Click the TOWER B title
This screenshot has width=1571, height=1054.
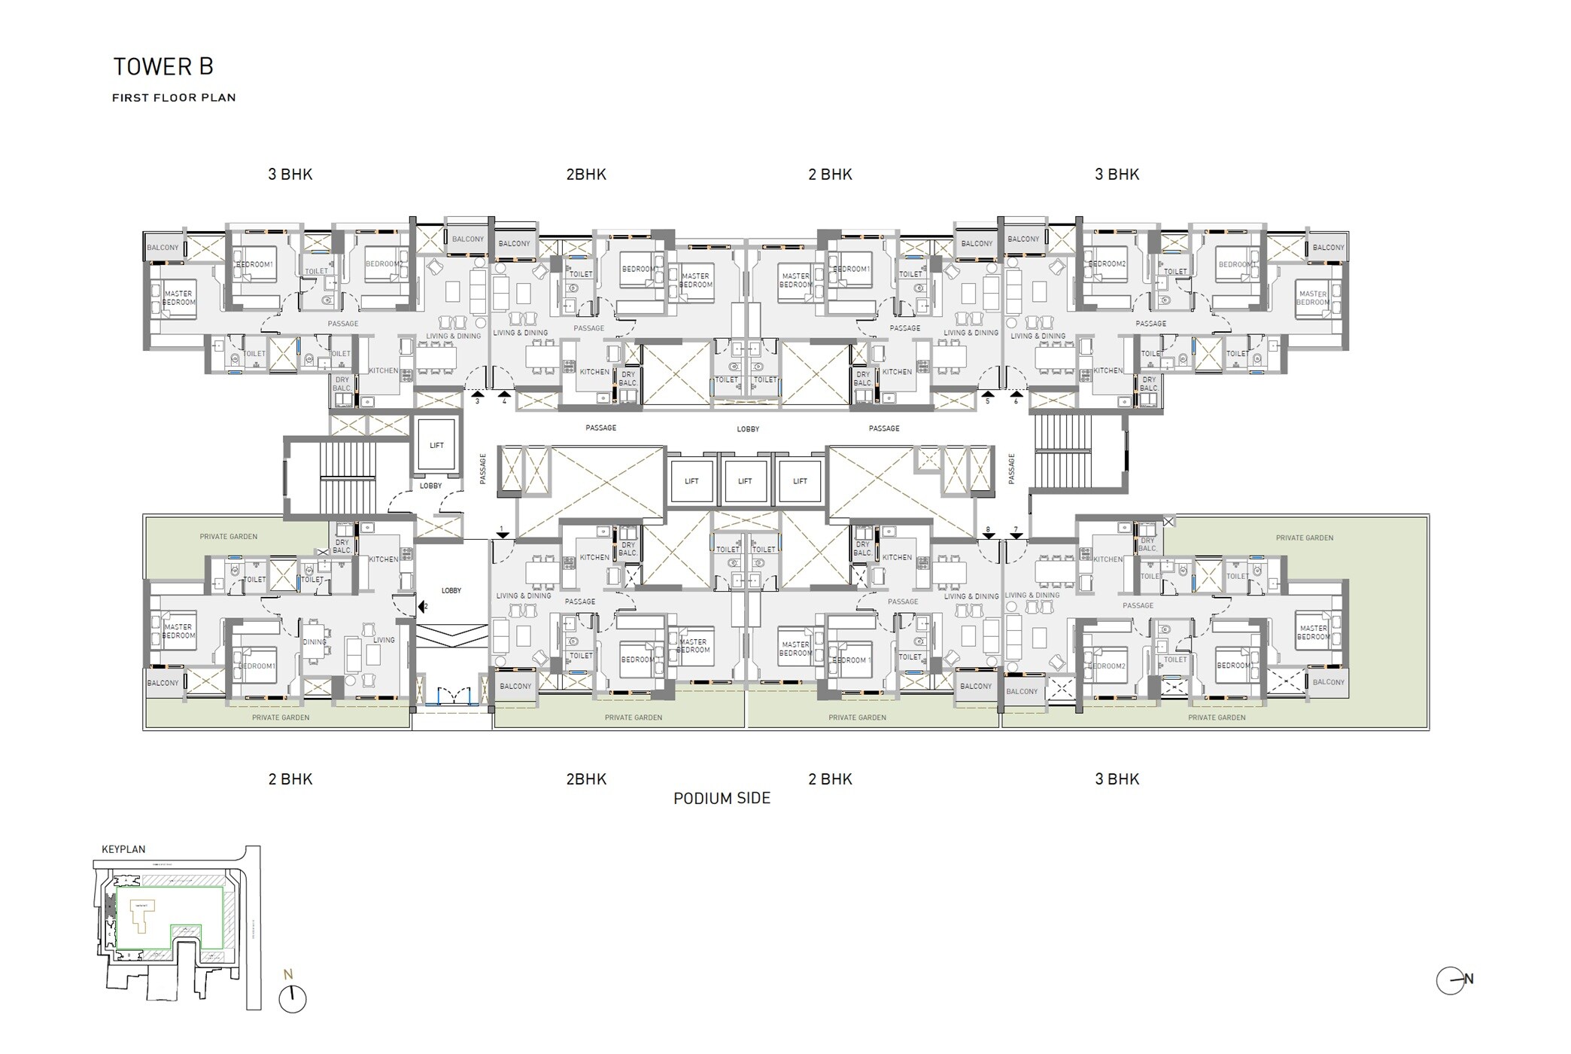click(163, 67)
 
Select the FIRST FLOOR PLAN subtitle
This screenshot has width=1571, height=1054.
click(174, 97)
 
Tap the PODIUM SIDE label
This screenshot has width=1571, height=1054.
click(722, 798)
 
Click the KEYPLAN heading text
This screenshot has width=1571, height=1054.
click(123, 849)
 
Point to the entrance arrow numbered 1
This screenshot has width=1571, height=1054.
click(503, 535)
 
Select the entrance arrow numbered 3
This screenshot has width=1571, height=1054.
click(477, 394)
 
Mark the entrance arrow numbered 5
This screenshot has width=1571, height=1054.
click(987, 394)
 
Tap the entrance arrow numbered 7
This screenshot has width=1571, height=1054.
click(1016, 535)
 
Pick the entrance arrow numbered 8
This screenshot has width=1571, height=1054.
click(989, 535)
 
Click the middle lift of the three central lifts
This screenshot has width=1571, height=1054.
click(745, 481)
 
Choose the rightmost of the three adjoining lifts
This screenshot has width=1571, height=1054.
click(800, 481)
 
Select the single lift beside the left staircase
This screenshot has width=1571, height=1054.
click(436, 446)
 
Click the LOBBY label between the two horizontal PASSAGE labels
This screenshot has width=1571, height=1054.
click(748, 429)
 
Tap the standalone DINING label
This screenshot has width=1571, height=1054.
click(315, 642)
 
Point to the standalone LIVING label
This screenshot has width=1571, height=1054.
click(384, 640)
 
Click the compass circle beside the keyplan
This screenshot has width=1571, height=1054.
click(293, 999)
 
